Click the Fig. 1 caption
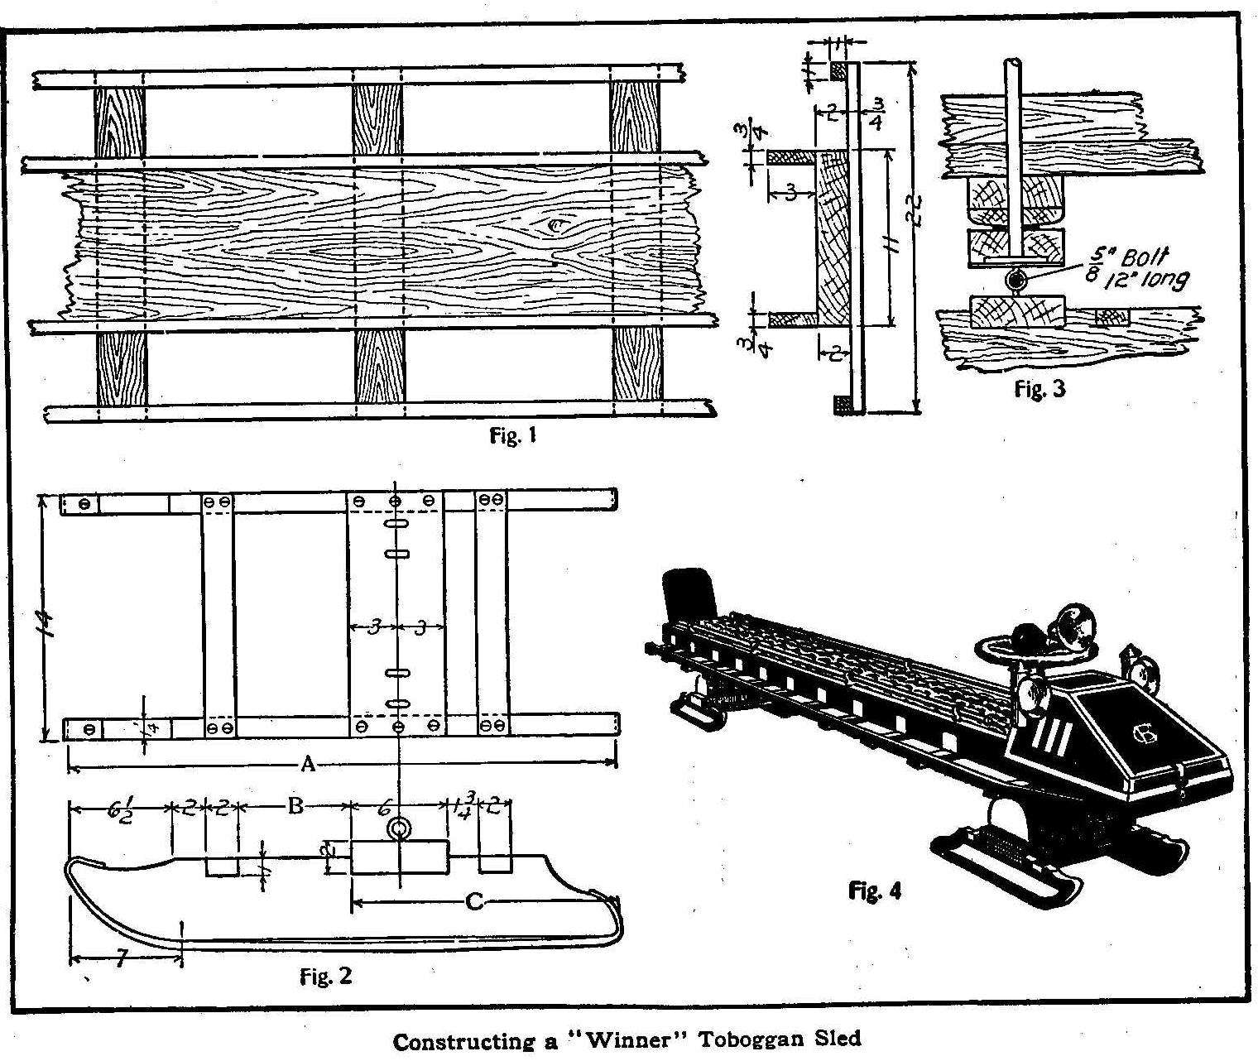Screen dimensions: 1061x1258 [513, 435]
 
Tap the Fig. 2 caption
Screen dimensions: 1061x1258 [325, 977]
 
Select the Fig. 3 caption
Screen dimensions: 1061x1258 [1040, 389]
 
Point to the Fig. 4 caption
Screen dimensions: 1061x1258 [875, 891]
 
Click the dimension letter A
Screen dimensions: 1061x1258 [308, 765]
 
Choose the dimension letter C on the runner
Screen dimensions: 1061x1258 [473, 900]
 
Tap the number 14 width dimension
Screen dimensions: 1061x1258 [46, 617]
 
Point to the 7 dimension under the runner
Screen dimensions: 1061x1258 [122, 960]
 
